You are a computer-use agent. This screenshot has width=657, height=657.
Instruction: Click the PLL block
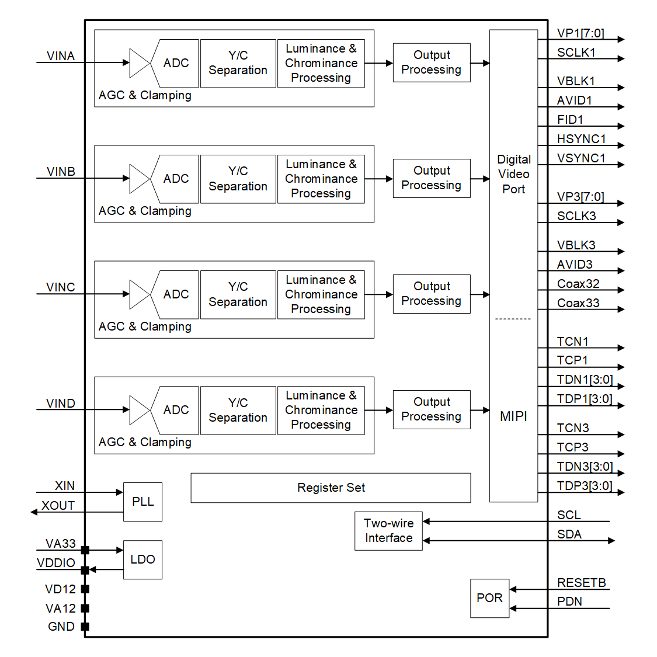pyautogui.click(x=142, y=502)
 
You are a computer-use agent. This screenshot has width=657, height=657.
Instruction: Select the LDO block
pyautogui.click(x=142, y=559)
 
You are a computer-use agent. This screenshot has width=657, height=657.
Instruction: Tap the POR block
pyautogui.click(x=489, y=598)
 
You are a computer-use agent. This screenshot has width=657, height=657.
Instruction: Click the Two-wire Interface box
pyautogui.click(x=388, y=531)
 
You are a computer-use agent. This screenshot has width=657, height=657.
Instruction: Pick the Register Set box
pyautogui.click(x=331, y=488)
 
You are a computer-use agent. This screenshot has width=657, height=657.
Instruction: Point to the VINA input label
pyautogui.click(x=61, y=56)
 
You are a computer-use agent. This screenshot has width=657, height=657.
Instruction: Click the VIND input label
pyautogui.click(x=61, y=404)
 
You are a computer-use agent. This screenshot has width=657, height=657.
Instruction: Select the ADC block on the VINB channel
pyautogui.click(x=175, y=179)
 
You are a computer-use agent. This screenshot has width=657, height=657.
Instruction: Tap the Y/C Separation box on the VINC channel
pyautogui.click(x=238, y=294)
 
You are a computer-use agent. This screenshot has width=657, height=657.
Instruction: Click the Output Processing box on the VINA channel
pyautogui.click(x=432, y=62)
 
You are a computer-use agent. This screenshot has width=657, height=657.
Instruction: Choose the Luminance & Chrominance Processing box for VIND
pyautogui.click(x=321, y=410)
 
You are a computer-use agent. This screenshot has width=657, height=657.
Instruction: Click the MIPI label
pyautogui.click(x=513, y=416)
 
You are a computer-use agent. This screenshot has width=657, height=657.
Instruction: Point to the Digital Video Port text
pyautogui.click(x=513, y=174)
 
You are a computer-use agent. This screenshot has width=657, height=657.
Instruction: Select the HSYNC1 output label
pyautogui.click(x=581, y=139)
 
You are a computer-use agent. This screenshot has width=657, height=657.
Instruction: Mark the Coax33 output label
pyautogui.click(x=578, y=303)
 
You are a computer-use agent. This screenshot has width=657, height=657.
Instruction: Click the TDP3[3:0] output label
pyautogui.click(x=584, y=486)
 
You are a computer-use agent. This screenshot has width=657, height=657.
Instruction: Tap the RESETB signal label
pyautogui.click(x=581, y=583)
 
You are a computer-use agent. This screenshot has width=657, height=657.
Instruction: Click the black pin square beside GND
pyautogui.click(x=85, y=627)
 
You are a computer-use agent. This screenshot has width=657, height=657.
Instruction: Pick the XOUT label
pyautogui.click(x=58, y=506)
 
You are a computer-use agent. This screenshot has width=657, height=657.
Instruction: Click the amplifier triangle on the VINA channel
pyautogui.click(x=138, y=62)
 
